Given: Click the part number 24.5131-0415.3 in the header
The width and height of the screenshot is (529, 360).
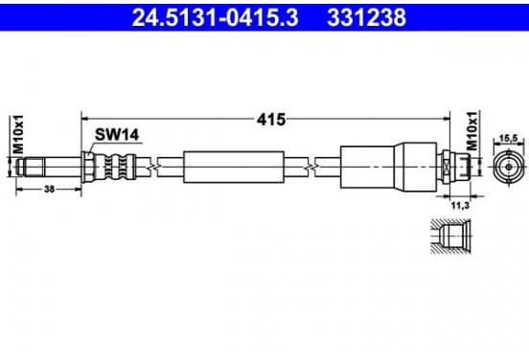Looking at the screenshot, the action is click(215, 17).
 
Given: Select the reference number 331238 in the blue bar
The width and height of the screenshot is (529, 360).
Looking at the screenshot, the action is click(366, 17).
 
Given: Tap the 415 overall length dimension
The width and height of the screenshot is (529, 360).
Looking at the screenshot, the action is click(271, 120).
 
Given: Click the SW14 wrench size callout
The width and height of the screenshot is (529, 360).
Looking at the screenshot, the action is click(117, 135).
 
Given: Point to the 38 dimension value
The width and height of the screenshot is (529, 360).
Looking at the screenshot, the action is click(49, 190).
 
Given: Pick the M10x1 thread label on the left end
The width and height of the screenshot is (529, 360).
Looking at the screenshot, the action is click(18, 134).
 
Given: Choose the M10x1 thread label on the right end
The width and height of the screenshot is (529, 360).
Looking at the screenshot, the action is click(472, 131).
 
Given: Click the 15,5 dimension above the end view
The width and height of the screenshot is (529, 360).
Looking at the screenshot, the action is click(508, 138).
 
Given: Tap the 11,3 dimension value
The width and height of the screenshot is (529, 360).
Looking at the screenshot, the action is click(460, 205).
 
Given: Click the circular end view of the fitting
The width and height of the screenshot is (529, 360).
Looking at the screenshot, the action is click(509, 167).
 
